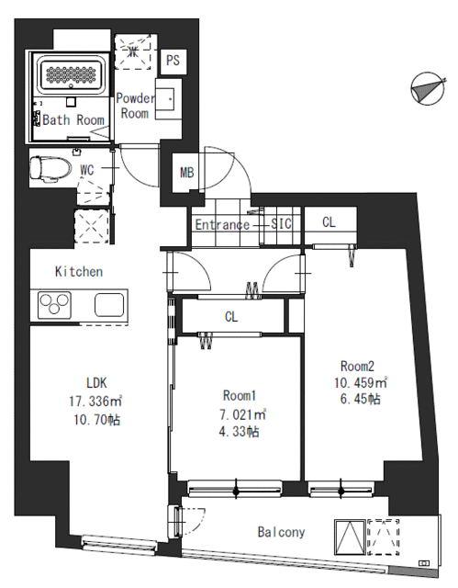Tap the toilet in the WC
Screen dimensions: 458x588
point(50,168)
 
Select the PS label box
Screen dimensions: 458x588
point(173,61)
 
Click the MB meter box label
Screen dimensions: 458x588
point(187,173)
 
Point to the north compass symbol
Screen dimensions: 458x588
point(428,88)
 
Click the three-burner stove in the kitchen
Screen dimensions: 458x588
point(55,305)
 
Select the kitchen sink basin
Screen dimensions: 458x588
point(109,305)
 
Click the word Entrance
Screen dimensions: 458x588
point(222,224)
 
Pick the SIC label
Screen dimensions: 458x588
point(281,223)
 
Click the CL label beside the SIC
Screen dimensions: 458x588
point(329,222)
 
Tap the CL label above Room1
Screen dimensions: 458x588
point(231,317)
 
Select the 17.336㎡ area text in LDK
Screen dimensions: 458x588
point(95,401)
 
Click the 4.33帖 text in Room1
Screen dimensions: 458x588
point(239,432)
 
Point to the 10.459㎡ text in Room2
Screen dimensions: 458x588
point(361,382)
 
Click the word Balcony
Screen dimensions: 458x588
point(281,532)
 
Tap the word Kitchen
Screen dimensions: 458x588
point(79,271)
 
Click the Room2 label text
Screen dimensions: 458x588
point(357,366)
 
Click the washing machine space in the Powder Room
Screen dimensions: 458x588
point(133,52)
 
